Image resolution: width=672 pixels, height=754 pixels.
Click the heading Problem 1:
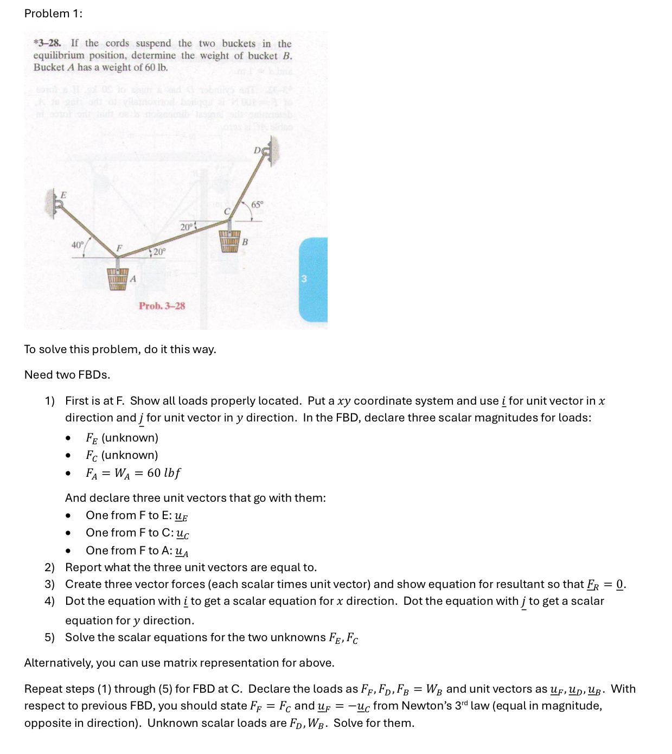pyautogui.click(x=53, y=14)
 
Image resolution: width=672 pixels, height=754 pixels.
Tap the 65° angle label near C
pyautogui.click(x=257, y=205)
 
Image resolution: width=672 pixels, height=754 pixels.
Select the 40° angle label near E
pyautogui.click(x=78, y=245)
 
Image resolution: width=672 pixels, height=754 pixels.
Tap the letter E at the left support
pyautogui.click(x=63, y=194)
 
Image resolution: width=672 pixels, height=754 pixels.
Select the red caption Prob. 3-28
pyautogui.click(x=162, y=306)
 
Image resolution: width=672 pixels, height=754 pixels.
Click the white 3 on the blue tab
pyautogui.click(x=304, y=279)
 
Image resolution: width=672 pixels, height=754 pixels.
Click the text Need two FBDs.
pyautogui.click(x=67, y=375)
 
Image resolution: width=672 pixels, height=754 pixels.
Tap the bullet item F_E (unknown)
pyautogui.click(x=122, y=438)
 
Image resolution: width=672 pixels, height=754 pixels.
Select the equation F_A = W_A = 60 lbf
pyautogui.click(x=133, y=473)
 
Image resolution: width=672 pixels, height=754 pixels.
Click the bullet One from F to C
pyautogui.click(x=137, y=533)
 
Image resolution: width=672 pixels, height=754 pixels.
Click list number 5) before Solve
pyautogui.click(x=50, y=637)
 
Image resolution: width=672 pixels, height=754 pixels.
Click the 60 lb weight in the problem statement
pyautogui.click(x=157, y=68)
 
